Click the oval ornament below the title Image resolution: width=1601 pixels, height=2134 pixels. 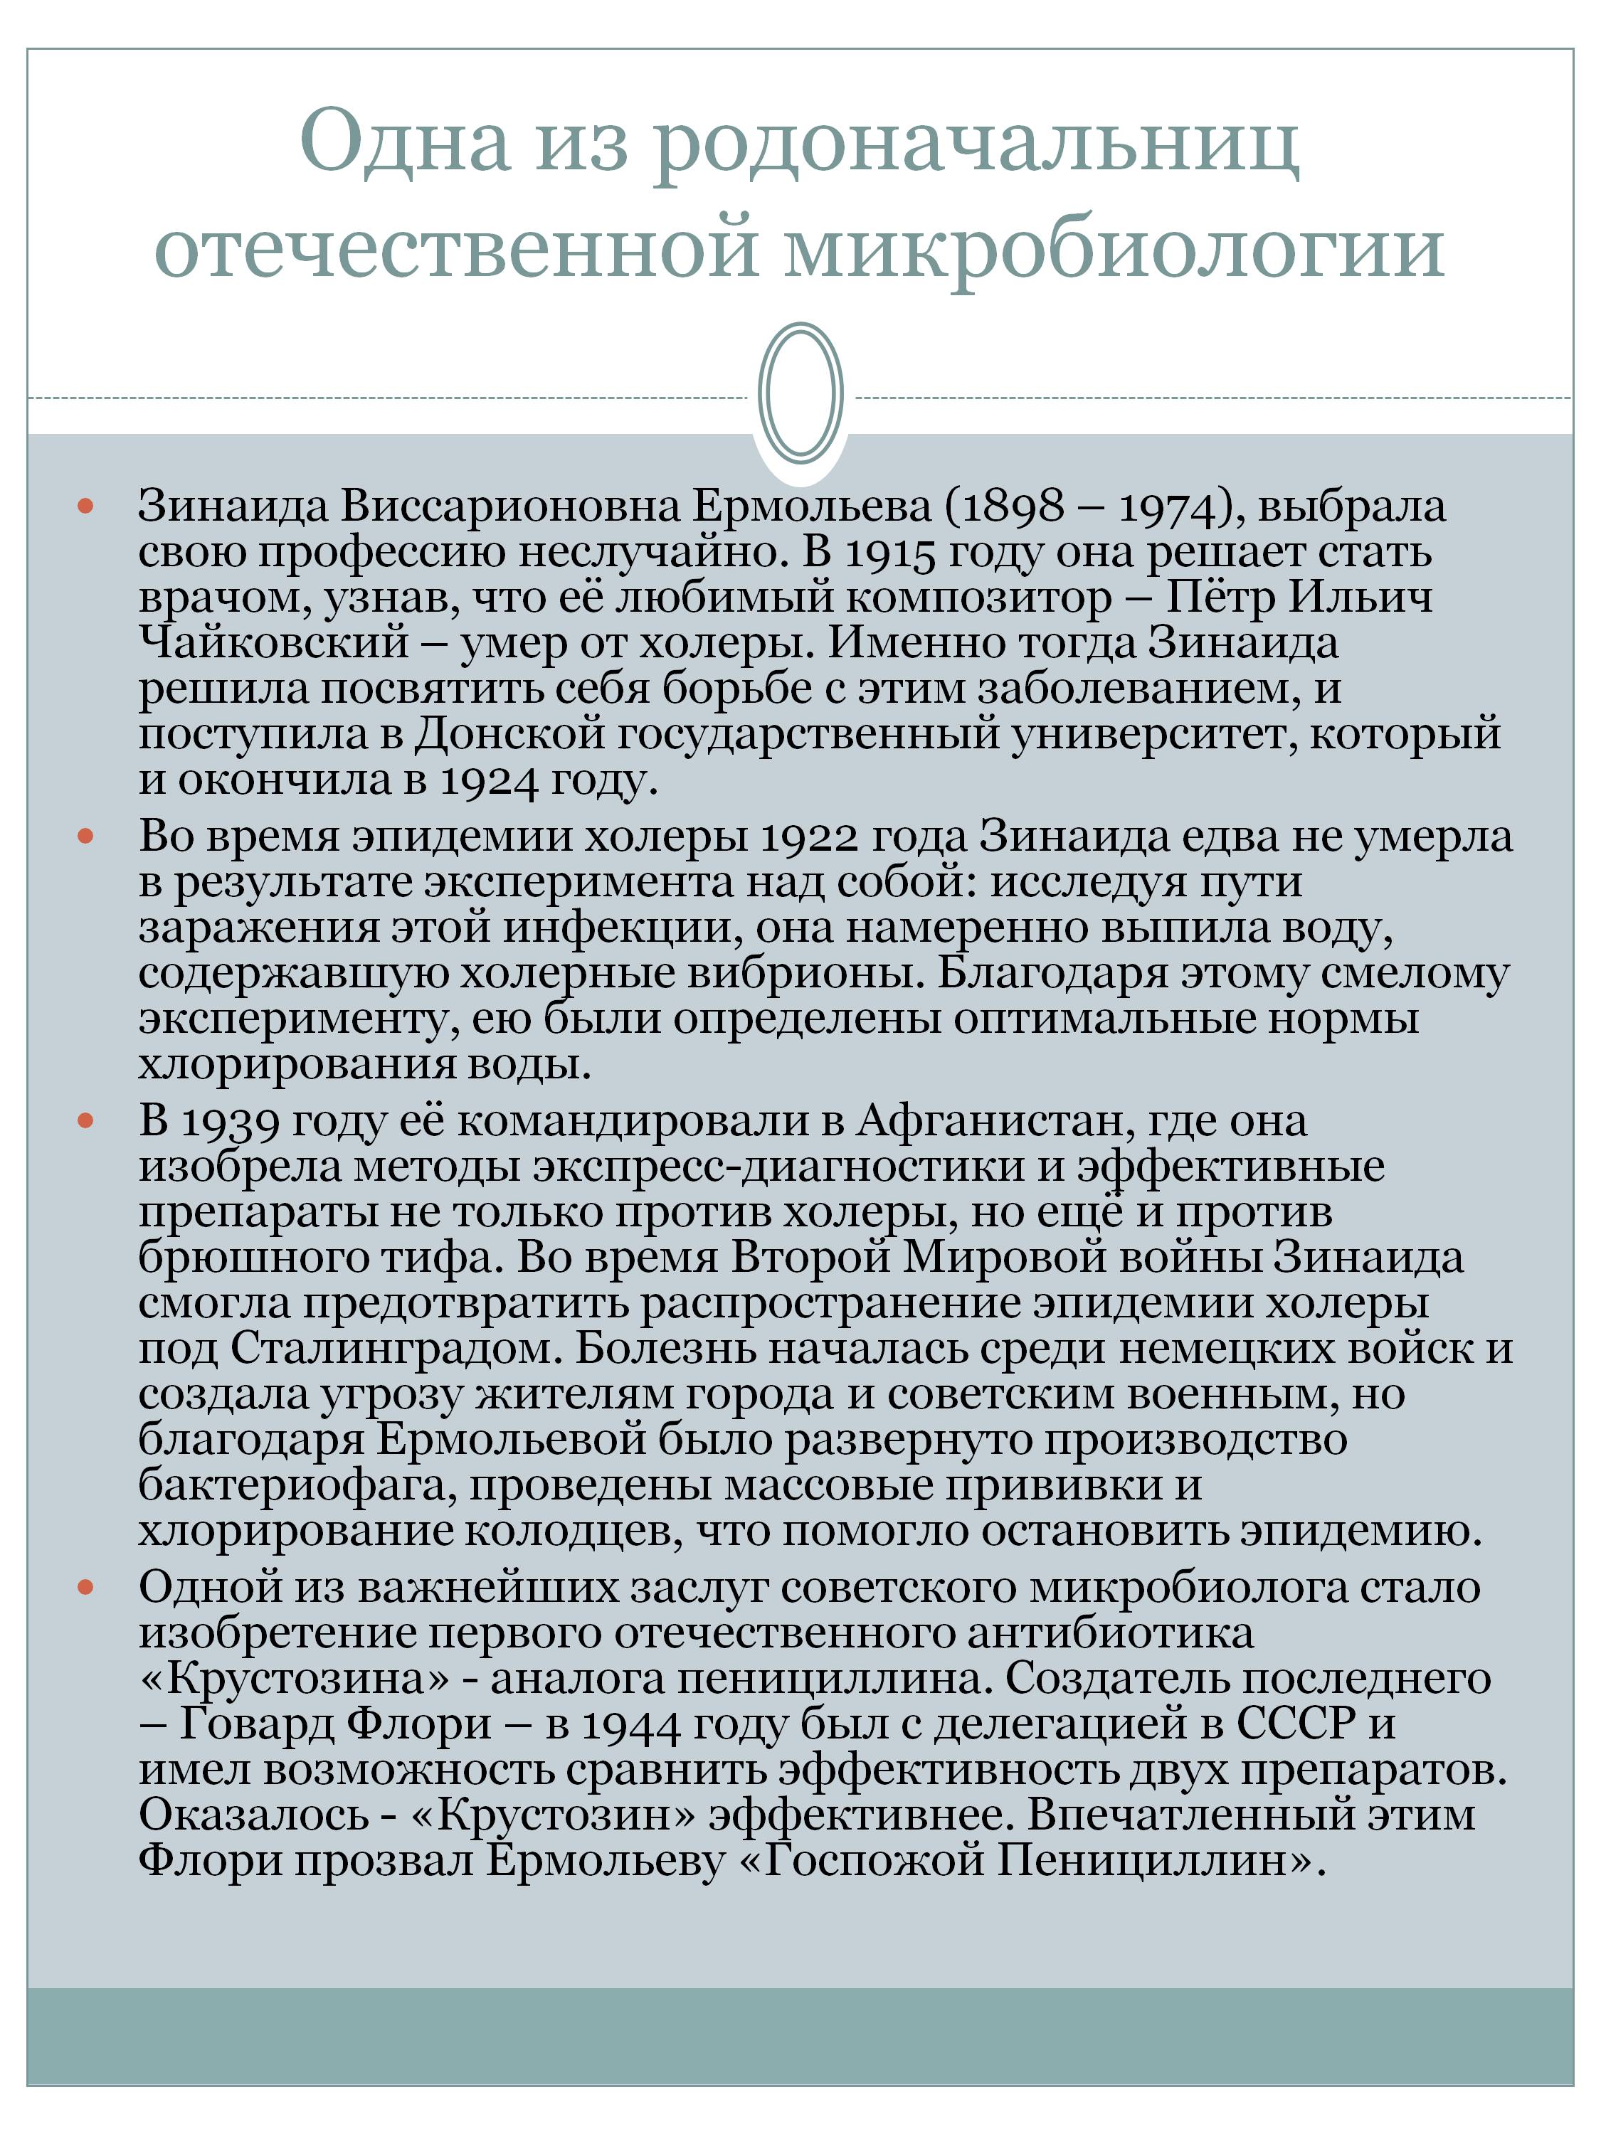point(800,393)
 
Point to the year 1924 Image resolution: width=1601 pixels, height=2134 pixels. point(487,780)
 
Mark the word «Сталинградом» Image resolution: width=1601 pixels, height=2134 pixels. point(396,1349)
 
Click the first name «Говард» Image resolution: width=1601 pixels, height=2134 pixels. point(254,1723)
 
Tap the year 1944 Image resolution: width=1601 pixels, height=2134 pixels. point(628,1723)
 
